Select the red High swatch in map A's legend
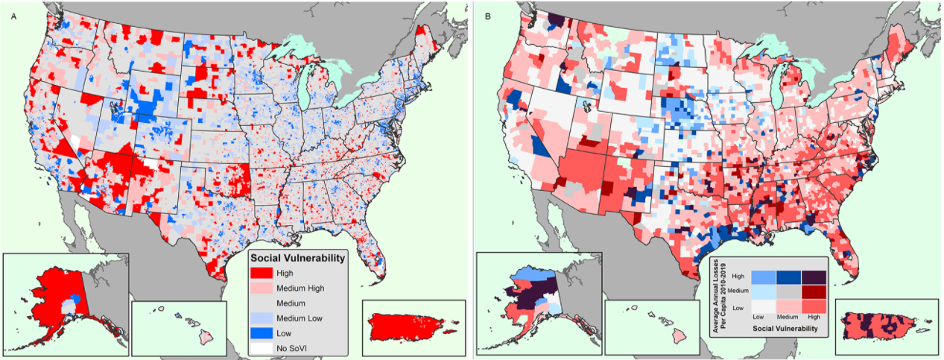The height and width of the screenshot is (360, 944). click(263, 273)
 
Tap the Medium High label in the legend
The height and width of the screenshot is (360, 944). click(300, 288)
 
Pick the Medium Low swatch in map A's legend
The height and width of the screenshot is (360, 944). click(263, 318)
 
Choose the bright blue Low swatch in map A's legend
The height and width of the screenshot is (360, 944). click(263, 332)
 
